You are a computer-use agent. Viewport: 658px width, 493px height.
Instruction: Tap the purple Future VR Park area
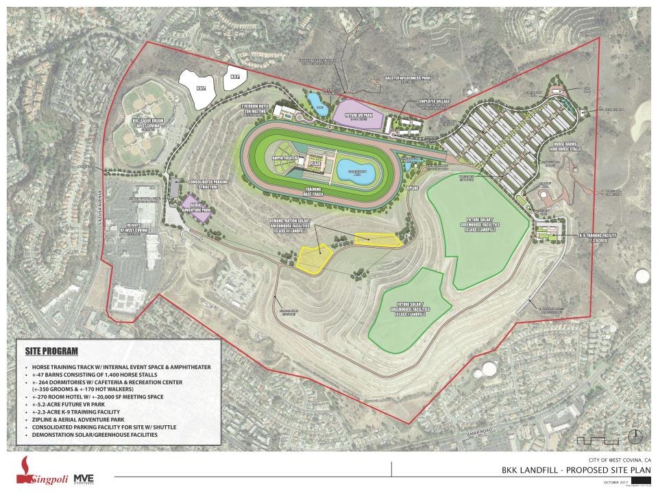(357, 113)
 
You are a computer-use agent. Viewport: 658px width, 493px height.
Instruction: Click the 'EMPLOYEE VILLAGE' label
(439, 103)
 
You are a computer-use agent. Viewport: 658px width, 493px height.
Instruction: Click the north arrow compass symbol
(637, 436)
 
